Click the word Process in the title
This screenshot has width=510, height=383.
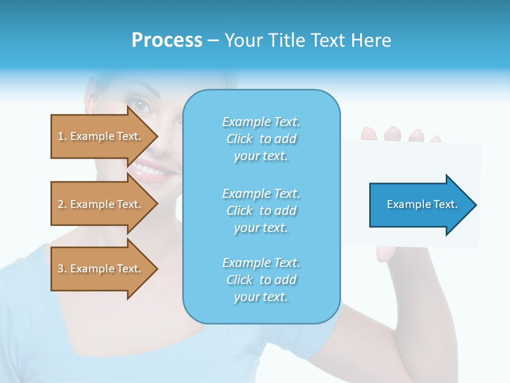pos(167,40)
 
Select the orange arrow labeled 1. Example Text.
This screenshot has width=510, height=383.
pos(101,136)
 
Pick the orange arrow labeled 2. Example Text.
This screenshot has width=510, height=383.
pos(101,204)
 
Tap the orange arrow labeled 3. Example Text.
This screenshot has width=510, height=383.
pos(101,269)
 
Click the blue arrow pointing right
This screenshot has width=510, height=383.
pos(420,205)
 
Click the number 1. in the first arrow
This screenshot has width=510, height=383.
pos(62,136)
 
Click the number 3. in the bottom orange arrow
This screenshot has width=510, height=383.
pos(62,269)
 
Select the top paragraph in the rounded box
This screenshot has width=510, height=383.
pos(261,139)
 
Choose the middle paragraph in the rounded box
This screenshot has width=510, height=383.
pos(261,211)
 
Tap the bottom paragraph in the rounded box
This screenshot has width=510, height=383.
pos(261,280)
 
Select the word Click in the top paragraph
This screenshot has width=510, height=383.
pos(240,139)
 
